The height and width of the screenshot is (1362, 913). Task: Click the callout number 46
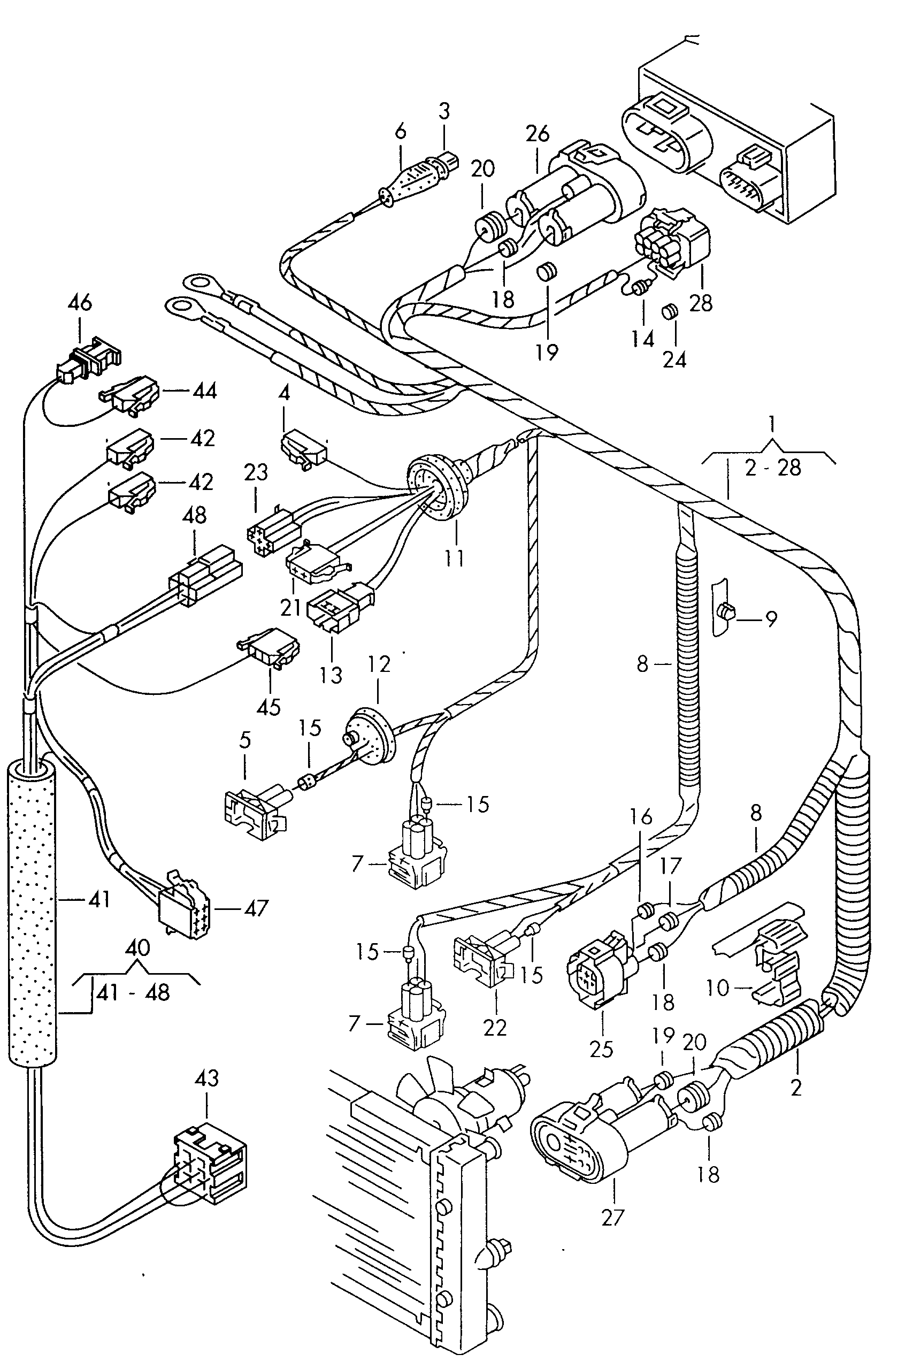[x=80, y=303]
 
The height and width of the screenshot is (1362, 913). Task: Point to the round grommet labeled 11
[x=434, y=486]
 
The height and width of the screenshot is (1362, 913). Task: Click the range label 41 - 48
[x=133, y=992]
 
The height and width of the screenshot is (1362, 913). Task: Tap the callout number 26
[x=537, y=134]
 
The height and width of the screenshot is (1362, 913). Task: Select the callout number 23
[x=256, y=472]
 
